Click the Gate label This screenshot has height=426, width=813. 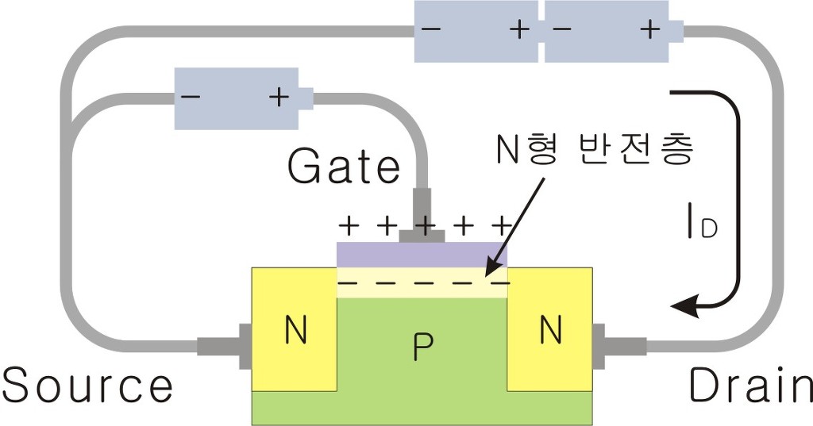344,168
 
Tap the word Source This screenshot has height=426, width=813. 87,386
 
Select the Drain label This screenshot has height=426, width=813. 750,386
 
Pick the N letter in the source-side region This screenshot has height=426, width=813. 295,331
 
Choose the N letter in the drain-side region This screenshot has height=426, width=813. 549,331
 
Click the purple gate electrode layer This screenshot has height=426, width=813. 422,254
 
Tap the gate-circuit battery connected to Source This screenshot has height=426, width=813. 239,98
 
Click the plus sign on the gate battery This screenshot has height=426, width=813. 279,98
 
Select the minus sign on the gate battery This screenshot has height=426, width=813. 191,98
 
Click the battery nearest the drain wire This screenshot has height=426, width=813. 611,32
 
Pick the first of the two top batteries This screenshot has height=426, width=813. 476,32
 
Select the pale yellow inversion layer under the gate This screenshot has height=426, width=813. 422,282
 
